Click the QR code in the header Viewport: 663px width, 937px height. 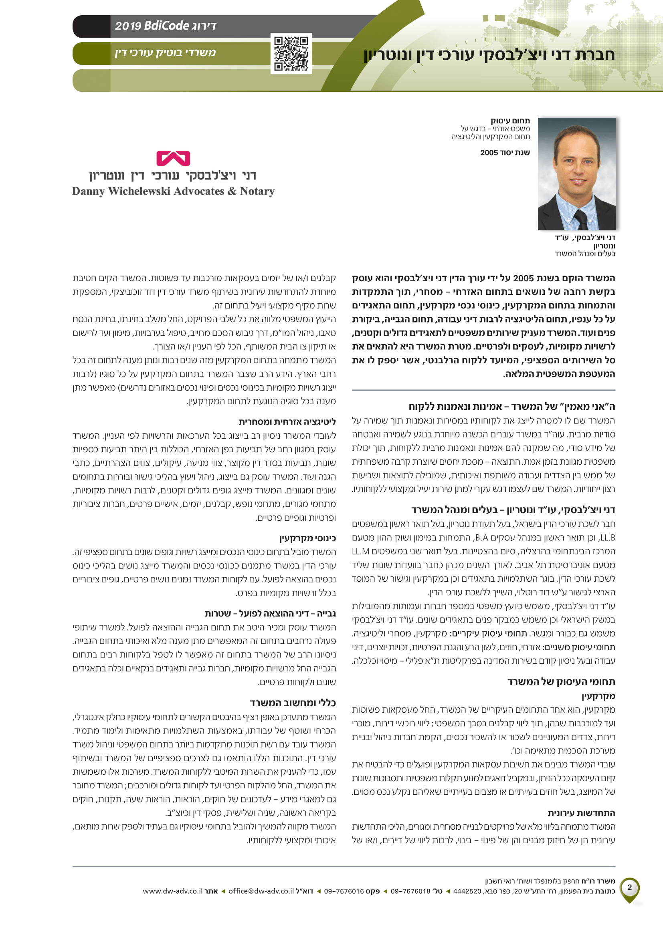tap(291, 53)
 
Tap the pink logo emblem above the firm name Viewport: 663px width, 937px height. tap(173, 158)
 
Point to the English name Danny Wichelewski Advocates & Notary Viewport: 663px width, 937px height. tap(173, 191)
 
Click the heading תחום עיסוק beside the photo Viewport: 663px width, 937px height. tap(510, 121)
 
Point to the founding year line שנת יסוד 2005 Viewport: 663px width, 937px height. tap(505, 153)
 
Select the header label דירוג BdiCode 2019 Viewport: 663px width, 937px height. tap(165, 26)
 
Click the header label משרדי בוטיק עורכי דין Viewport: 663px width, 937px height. tap(165, 52)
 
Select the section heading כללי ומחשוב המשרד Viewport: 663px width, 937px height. tap(293, 703)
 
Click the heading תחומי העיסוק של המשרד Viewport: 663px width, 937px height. tap(561, 681)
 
